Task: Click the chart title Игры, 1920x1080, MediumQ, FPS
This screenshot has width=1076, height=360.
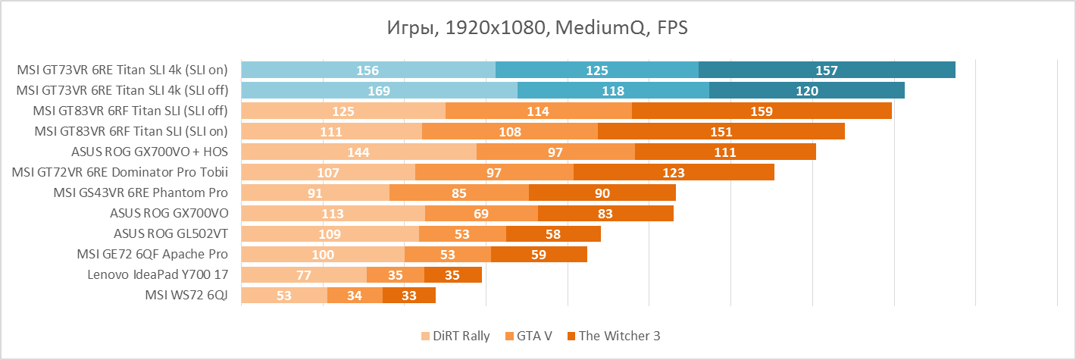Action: pyautogui.click(x=537, y=28)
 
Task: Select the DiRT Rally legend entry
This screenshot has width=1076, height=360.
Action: pyautogui.click(x=455, y=336)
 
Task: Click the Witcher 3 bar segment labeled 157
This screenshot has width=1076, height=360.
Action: pyautogui.click(x=827, y=70)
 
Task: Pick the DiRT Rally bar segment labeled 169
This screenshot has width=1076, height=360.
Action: pyautogui.click(x=379, y=91)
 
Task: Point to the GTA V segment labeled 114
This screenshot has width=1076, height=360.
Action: pyautogui.click(x=538, y=111)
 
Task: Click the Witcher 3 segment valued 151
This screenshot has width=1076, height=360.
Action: pyautogui.click(x=721, y=132)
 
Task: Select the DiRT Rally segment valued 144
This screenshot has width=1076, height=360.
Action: pyautogui.click(x=358, y=152)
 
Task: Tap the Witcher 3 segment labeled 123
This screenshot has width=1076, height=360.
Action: pyautogui.click(x=674, y=173)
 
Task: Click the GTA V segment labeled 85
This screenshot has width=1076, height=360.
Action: pyautogui.click(x=458, y=193)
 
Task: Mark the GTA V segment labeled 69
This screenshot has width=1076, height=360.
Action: pyautogui.click(x=481, y=214)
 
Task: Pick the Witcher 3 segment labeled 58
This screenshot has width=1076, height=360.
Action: pyautogui.click(x=553, y=234)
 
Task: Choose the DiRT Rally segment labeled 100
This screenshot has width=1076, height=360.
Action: pyautogui.click(x=323, y=255)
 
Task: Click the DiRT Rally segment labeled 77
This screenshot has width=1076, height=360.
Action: pyautogui.click(x=304, y=275)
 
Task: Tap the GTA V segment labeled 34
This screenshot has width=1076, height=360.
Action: pyautogui.click(x=355, y=296)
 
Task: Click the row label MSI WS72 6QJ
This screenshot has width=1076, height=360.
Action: pyautogui.click(x=186, y=296)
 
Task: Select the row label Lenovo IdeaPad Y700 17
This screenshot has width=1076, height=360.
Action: pyautogui.click(x=158, y=275)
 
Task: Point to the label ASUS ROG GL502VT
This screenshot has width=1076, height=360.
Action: pyautogui.click(x=170, y=234)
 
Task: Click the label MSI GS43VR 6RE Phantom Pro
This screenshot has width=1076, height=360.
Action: pyautogui.click(x=141, y=193)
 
